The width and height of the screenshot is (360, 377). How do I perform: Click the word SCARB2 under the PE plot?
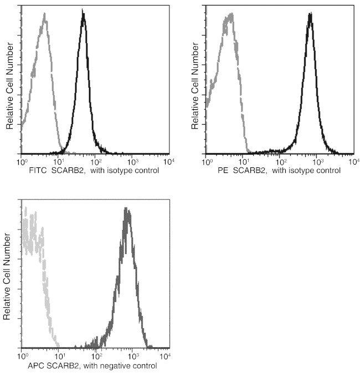(247, 170)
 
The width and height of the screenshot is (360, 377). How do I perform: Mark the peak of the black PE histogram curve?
(310, 14)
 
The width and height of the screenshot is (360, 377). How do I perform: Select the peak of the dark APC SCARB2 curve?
(127, 210)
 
